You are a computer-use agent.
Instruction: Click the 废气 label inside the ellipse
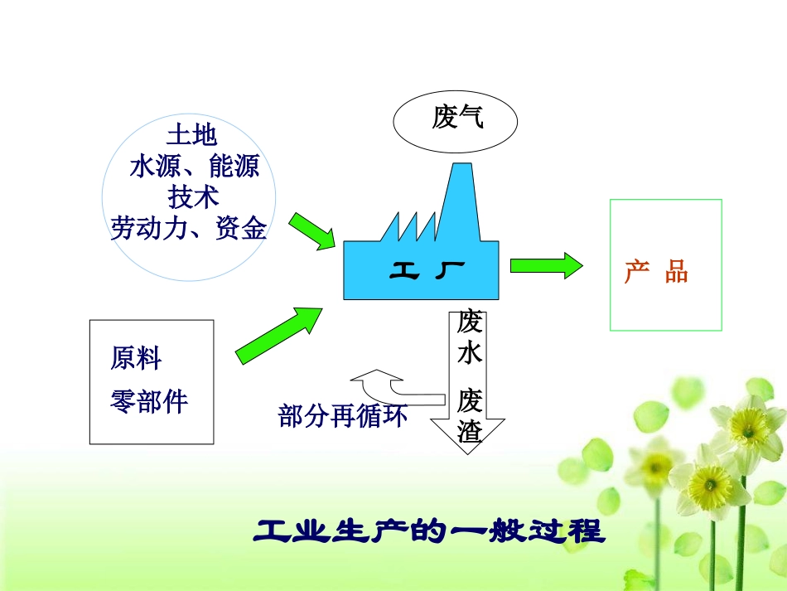click(456, 119)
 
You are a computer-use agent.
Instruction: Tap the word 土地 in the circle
click(191, 135)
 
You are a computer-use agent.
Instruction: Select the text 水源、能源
click(194, 167)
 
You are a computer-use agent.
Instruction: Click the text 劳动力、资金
click(189, 228)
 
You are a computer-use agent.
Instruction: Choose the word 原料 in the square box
click(136, 359)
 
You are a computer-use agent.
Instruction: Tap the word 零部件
click(149, 402)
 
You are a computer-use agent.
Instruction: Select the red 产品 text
click(656, 273)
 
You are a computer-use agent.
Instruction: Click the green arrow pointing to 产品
click(546, 266)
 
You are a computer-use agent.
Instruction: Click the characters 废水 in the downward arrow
click(470, 338)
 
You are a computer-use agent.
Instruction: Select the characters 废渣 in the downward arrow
click(470, 416)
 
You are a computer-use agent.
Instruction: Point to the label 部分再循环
click(343, 416)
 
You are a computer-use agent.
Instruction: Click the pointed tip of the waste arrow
click(469, 452)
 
